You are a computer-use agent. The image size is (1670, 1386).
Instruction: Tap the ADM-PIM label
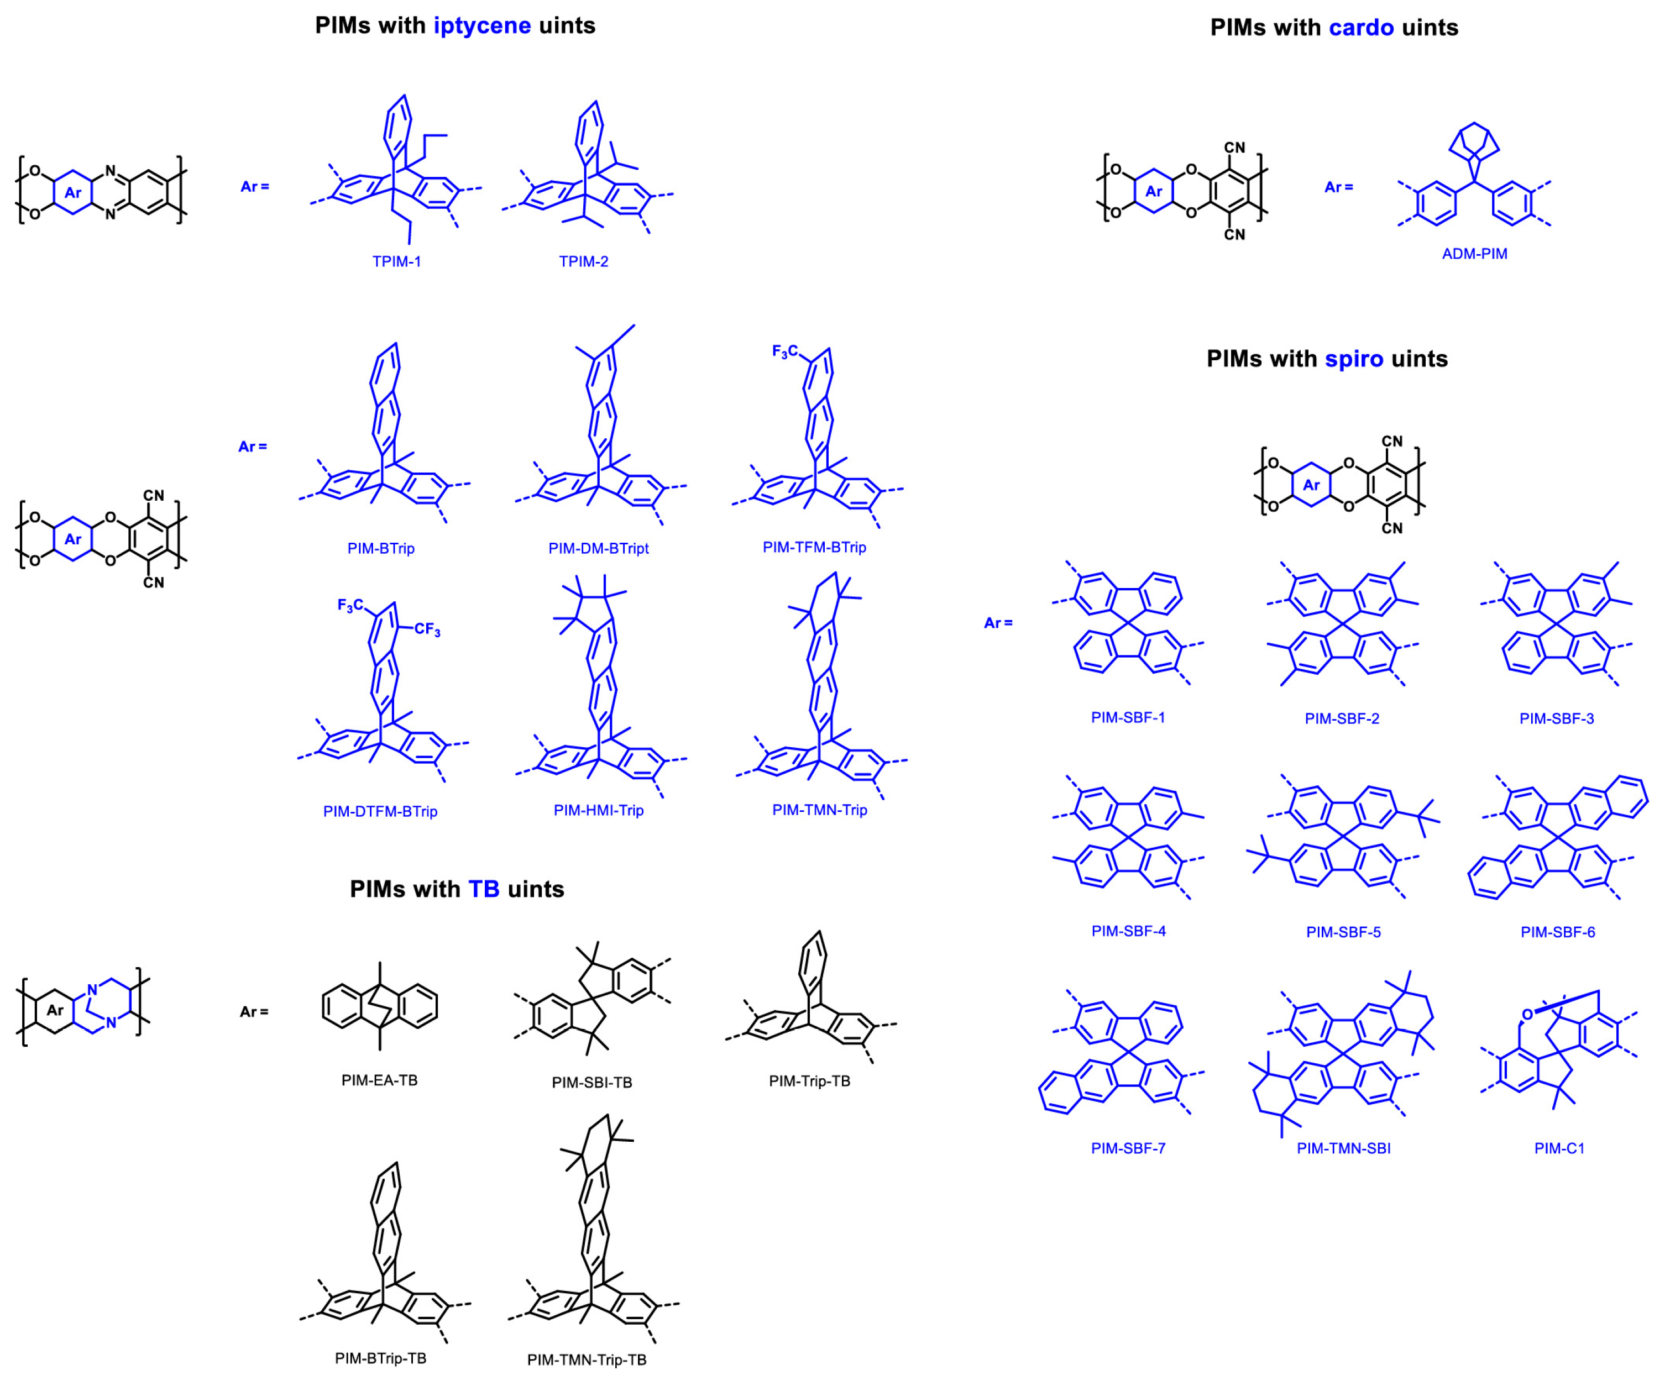click(x=1474, y=254)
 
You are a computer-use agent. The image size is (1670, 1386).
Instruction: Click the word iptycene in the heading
click(x=482, y=25)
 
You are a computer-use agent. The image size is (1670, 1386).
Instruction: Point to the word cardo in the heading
click(x=1362, y=28)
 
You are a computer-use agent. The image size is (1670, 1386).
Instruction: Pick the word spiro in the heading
click(x=1354, y=359)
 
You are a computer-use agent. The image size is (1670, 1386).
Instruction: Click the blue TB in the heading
click(x=484, y=889)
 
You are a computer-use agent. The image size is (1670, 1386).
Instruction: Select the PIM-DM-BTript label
click(x=598, y=549)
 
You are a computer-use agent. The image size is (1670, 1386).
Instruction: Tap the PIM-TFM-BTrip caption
click(x=814, y=547)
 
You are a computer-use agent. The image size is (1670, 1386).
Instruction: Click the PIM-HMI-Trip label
click(x=598, y=810)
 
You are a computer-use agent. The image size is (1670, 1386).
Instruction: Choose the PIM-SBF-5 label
click(x=1343, y=932)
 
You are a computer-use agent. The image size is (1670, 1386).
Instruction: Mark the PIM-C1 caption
click(x=1559, y=1148)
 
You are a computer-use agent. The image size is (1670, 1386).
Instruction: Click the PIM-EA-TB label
click(x=379, y=1080)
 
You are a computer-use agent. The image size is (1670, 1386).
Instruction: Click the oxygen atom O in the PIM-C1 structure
click(x=1527, y=1015)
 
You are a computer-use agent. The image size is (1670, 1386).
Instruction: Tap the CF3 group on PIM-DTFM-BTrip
click(x=427, y=630)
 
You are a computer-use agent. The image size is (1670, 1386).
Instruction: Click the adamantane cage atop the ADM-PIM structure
click(x=1474, y=143)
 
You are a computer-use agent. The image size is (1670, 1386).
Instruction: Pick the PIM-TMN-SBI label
click(x=1343, y=1148)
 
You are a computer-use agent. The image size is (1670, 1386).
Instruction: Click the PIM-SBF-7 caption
click(x=1128, y=1148)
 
